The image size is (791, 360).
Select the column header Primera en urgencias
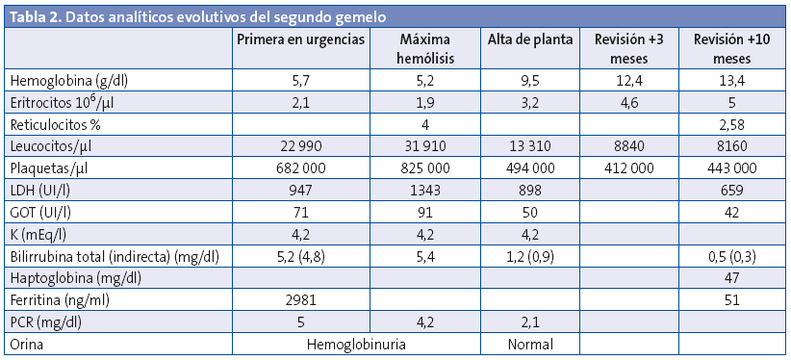301,39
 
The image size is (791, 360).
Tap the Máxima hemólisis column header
424,49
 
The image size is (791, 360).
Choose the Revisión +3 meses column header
629,49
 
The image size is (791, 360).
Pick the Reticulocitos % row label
60,124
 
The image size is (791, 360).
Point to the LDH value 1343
424,189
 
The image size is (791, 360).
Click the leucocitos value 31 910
424,146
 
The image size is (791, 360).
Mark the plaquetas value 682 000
301,167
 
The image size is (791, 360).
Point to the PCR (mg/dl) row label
47,321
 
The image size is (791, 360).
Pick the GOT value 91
424,211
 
